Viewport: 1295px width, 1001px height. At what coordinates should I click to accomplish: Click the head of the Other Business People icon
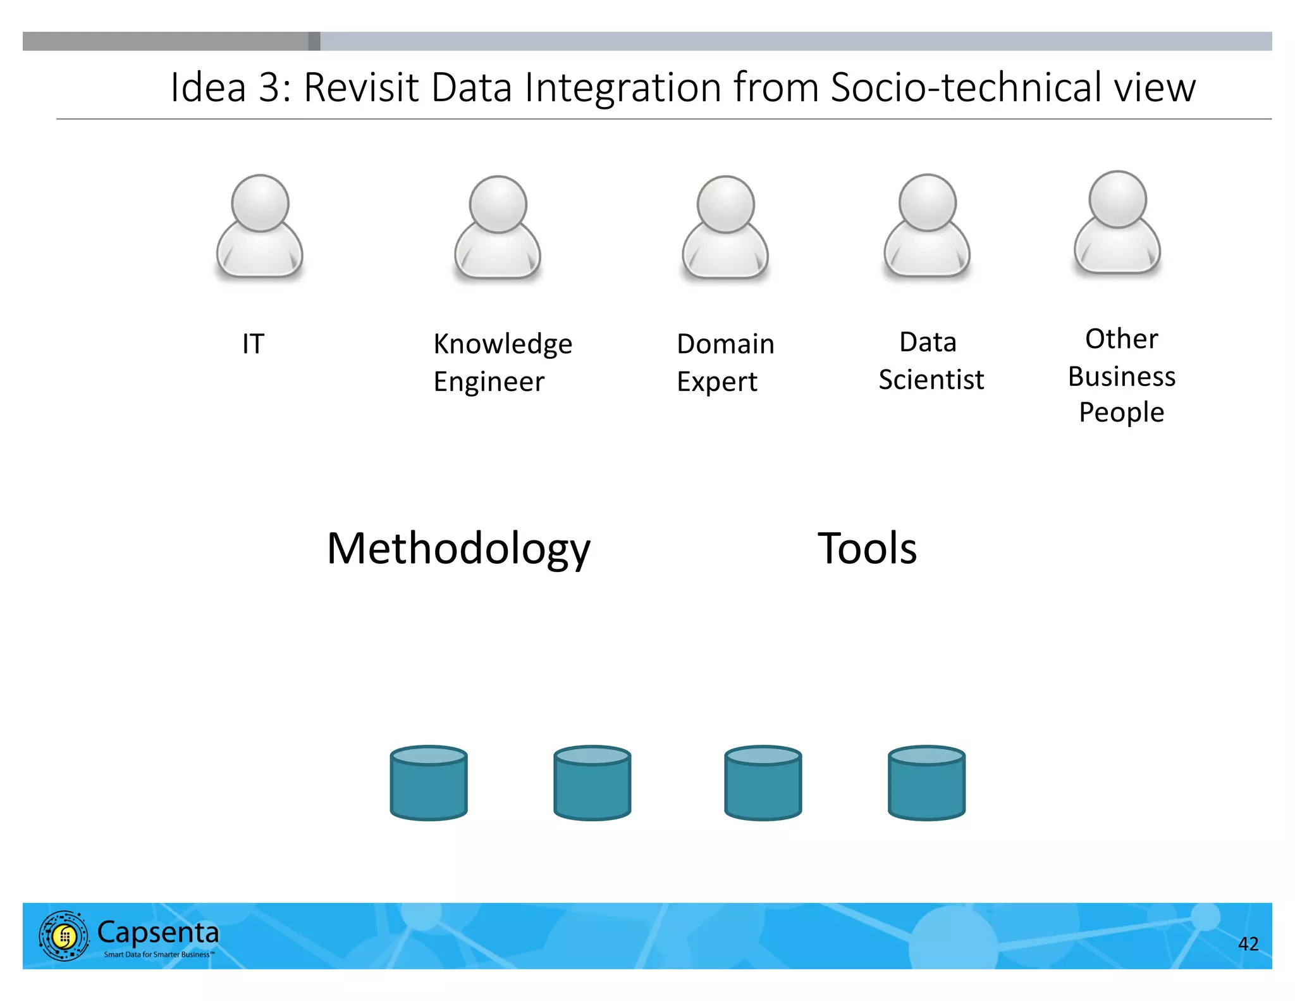pos(1117,199)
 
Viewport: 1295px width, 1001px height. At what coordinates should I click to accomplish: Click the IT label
pos(253,344)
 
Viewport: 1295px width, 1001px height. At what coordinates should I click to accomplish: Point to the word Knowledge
pos(503,344)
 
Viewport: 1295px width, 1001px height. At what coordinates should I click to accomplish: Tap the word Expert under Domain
pos(716,382)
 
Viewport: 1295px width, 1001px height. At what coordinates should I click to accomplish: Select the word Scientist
pos(931,380)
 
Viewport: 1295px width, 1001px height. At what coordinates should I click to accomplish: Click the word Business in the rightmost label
pos(1121,376)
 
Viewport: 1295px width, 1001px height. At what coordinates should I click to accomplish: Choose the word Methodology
pos(458,549)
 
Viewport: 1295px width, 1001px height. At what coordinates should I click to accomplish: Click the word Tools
pos(867,548)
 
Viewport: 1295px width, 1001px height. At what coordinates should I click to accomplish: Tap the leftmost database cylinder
pos(429,783)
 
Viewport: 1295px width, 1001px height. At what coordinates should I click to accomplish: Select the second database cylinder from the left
pos(592,783)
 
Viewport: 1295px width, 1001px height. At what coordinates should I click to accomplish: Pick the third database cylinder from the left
pos(763,783)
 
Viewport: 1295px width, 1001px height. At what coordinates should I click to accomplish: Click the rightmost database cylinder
pos(926,783)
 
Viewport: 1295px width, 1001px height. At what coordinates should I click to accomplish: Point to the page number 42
pos(1248,943)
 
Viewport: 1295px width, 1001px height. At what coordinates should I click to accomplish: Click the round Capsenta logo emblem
pos(64,936)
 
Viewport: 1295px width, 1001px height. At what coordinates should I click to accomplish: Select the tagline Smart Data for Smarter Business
pos(159,954)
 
